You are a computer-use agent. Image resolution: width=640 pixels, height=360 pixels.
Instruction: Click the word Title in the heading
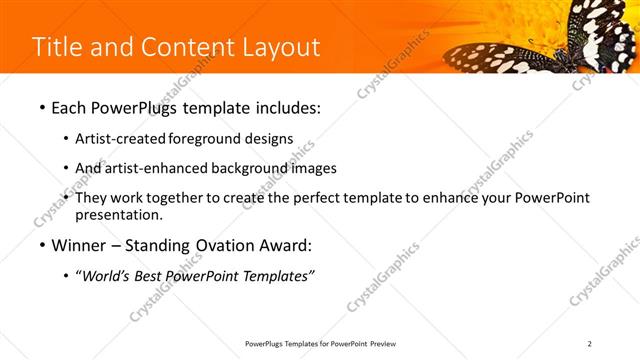[x=58, y=47]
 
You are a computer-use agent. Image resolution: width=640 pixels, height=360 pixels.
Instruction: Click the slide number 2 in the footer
[x=589, y=344]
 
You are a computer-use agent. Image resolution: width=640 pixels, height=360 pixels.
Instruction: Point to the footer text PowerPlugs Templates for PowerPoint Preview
[x=319, y=344]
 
